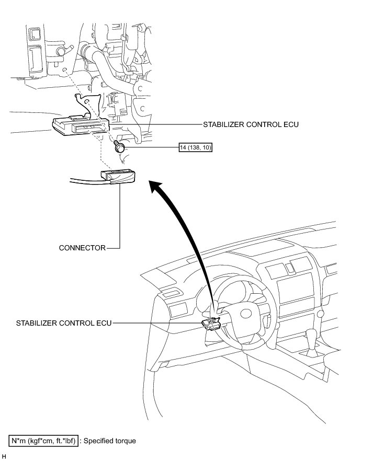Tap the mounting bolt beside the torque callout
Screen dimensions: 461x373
(x=119, y=148)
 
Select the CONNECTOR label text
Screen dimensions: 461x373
(x=82, y=247)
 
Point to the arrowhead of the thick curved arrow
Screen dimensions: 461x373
(x=154, y=185)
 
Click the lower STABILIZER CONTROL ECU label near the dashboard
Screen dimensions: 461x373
(x=64, y=324)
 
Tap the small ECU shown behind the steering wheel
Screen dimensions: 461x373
(x=211, y=325)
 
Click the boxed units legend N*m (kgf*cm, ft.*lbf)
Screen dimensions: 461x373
(x=43, y=441)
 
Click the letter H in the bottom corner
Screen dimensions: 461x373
(x=4, y=457)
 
